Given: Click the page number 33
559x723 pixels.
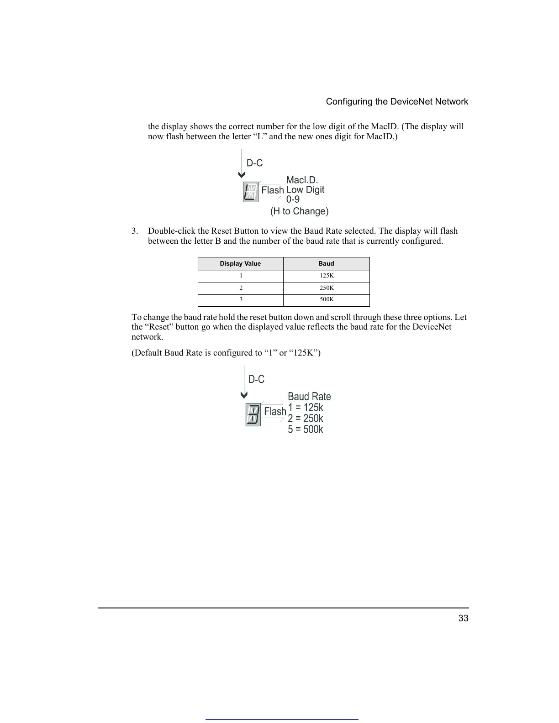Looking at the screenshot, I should click(x=463, y=618).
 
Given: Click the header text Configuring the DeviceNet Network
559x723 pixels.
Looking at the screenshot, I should click(x=397, y=102).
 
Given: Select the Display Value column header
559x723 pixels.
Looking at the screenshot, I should click(x=240, y=264).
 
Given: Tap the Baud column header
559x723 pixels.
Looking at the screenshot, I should click(x=326, y=264).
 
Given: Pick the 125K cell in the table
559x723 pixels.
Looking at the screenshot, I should click(x=327, y=276).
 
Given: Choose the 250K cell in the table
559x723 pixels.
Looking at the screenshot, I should click(x=327, y=288).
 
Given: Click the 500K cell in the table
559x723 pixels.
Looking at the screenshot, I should click(x=327, y=300).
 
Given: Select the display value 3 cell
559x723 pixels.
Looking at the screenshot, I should click(x=241, y=300).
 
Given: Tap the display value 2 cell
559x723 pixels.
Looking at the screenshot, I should click(x=241, y=288).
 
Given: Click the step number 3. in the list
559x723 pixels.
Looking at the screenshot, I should click(x=135, y=231).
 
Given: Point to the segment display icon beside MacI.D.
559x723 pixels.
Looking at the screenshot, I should click(x=251, y=192).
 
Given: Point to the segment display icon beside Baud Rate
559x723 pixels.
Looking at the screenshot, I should click(x=253, y=414).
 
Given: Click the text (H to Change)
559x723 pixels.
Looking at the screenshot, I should click(x=299, y=211).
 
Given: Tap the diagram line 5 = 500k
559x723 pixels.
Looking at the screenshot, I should click(x=305, y=430).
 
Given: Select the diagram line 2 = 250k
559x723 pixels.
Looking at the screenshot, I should click(x=305, y=419).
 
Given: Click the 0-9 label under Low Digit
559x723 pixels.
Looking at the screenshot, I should click(x=293, y=199).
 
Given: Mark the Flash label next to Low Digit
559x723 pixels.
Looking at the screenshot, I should click(x=273, y=190).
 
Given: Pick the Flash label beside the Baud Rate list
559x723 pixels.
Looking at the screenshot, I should click(x=275, y=412).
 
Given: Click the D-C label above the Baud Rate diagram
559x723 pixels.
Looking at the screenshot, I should click(x=256, y=380).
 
